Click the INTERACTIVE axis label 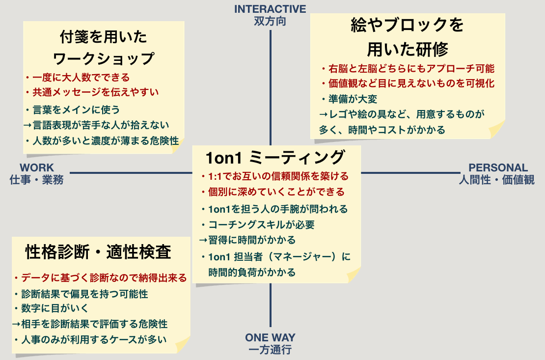[x=270, y=9]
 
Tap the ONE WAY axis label [x=270, y=338]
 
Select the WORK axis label [x=37, y=168]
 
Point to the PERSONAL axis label [x=498, y=168]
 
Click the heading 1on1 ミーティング [x=275, y=158]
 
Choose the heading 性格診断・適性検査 [x=98, y=252]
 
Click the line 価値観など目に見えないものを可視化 [x=410, y=83]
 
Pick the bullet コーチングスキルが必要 [x=261, y=225]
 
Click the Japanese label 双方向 [x=270, y=21]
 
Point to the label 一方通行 [x=270, y=350]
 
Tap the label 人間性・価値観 [x=497, y=180]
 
